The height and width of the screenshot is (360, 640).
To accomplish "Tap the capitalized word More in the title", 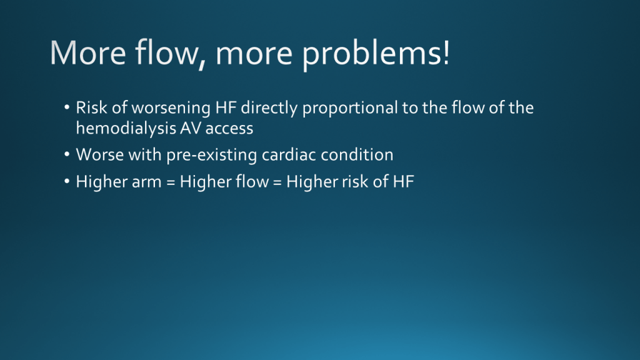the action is pos(87,52).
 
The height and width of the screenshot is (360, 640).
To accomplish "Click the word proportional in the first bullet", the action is pos(350,108).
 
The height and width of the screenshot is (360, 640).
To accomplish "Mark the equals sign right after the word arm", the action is pos(171,182).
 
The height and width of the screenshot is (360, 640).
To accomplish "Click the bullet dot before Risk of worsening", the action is pos(67,107).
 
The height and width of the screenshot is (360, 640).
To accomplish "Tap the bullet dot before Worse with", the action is pos(67,155).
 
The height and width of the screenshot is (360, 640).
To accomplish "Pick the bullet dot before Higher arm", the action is pos(67,182).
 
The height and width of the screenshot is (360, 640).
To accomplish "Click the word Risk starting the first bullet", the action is pos(92,107).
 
